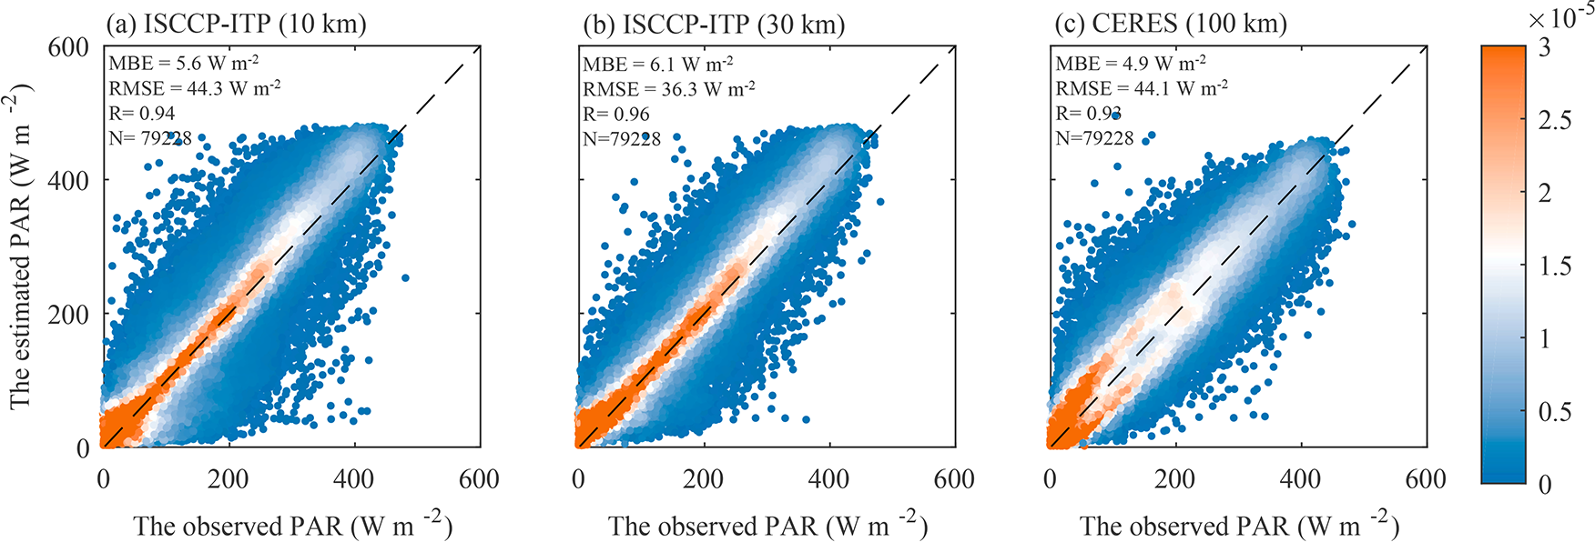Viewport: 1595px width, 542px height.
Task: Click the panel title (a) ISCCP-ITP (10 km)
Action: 236,23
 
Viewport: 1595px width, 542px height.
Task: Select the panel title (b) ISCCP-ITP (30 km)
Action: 714,24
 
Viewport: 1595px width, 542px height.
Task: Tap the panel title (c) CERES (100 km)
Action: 1170,23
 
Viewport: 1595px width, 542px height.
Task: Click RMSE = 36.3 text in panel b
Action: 669,89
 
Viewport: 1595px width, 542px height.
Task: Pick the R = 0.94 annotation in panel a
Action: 142,113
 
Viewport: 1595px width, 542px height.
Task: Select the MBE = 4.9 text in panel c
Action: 1131,64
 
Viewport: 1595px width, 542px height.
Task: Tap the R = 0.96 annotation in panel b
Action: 616,114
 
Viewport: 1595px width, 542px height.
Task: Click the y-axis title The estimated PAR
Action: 20,246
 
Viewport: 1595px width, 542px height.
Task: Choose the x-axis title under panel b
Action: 767,526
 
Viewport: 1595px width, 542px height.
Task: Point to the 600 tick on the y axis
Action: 68,46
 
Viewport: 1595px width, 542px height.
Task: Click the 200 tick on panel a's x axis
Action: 228,479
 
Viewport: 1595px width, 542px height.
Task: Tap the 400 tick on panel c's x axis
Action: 1300,479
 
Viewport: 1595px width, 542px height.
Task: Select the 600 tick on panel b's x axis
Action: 954,479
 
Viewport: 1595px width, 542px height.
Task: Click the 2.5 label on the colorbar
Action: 1555,120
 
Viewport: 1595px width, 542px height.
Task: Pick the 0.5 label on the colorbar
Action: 1555,411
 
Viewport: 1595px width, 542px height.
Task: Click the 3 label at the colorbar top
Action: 1544,47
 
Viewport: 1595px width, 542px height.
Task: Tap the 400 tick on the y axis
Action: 68,180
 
